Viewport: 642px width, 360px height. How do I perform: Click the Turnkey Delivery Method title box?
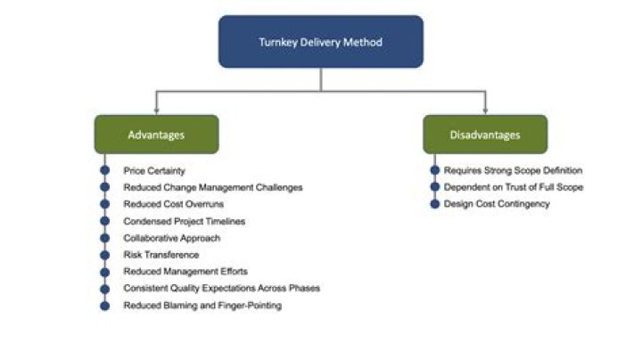[321, 41]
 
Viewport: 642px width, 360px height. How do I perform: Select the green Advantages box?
[156, 135]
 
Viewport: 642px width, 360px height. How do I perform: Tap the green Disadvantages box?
[485, 135]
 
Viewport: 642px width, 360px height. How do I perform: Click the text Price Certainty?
[154, 170]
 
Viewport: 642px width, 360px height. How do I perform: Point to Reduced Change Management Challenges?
[213, 187]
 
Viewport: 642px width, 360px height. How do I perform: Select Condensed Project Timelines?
[184, 221]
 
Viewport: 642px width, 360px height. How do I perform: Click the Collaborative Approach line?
[171, 238]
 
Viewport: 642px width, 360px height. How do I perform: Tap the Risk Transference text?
[161, 255]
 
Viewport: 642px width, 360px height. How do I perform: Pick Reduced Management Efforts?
[185, 272]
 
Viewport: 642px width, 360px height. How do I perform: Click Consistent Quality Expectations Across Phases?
[221, 289]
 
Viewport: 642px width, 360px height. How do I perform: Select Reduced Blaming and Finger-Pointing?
[202, 306]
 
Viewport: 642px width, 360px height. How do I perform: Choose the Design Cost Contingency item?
[496, 204]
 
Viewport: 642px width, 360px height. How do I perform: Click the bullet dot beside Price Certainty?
[104, 170]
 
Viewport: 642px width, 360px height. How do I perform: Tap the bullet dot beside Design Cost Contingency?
[434, 204]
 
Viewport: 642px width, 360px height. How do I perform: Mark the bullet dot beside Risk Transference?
[104, 255]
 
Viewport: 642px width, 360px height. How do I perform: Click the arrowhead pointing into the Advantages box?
[156, 110]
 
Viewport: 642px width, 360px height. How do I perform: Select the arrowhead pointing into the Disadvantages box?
[485, 110]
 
